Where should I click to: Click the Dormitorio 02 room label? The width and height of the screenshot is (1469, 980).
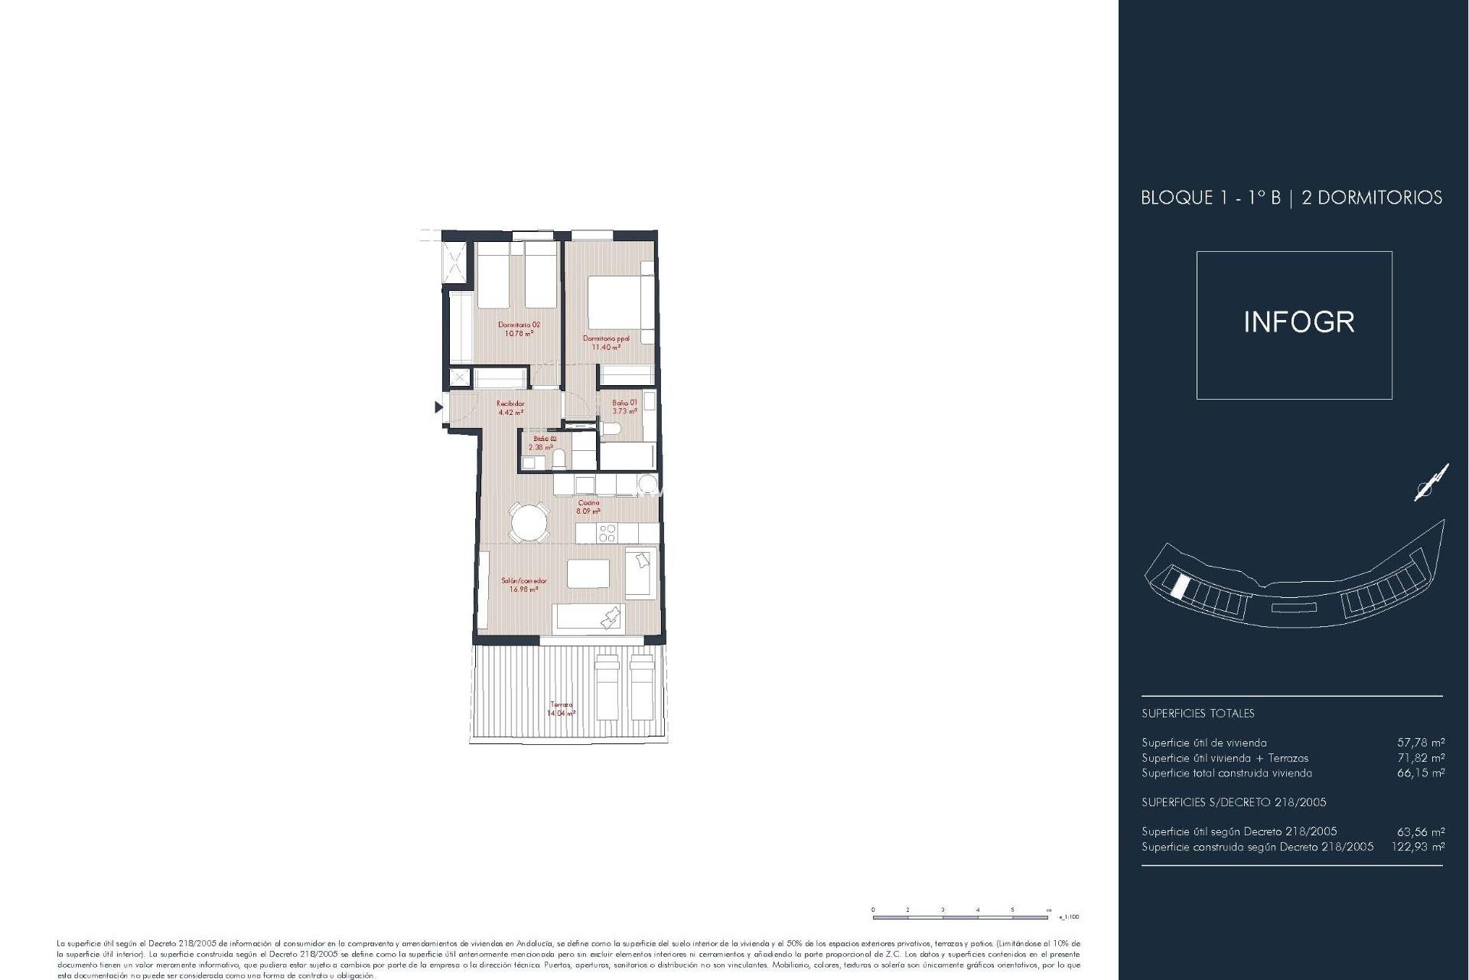pos(519,328)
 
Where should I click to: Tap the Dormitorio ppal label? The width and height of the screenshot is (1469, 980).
pos(606,342)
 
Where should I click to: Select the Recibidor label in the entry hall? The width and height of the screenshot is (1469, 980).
pos(510,407)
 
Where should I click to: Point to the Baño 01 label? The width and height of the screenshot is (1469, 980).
pos(624,407)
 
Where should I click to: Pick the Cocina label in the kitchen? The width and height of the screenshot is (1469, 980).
pos(588,506)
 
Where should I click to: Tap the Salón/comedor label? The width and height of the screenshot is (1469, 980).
pos(523,584)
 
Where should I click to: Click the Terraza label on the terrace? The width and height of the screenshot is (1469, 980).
pos(561,708)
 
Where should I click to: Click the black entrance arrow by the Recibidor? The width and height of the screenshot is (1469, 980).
pos(438,407)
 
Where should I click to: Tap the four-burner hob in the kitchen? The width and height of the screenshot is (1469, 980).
pos(607,533)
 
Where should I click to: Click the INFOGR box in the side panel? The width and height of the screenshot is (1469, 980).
pos(1294,325)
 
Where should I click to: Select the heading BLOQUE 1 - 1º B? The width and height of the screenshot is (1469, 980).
pos(1210,198)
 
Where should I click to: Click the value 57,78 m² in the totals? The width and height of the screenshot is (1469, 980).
pos(1421,742)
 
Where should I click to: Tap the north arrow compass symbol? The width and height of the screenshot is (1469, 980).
pos(1431,483)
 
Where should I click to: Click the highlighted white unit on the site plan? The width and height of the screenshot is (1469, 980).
pos(1180,586)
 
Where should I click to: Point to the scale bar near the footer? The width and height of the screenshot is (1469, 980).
pos(962,916)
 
